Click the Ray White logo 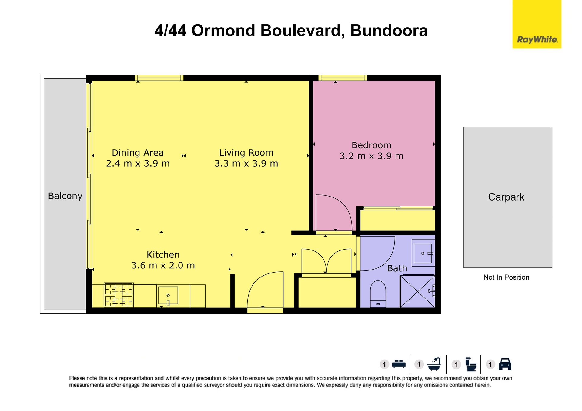point(537,24)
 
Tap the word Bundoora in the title point(389,31)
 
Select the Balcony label point(65,196)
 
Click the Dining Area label point(138,153)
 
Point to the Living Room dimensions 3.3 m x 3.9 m point(246,164)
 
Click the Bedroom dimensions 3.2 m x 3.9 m point(371,156)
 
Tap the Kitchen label point(163,254)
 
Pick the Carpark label point(506,197)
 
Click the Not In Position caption point(506,277)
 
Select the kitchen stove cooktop point(119,295)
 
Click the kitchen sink point(168,295)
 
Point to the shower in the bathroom point(418,291)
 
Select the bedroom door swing point(334,213)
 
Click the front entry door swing point(265,290)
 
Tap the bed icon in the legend point(399,364)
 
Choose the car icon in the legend point(505,364)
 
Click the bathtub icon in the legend point(434,364)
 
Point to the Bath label point(397,268)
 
